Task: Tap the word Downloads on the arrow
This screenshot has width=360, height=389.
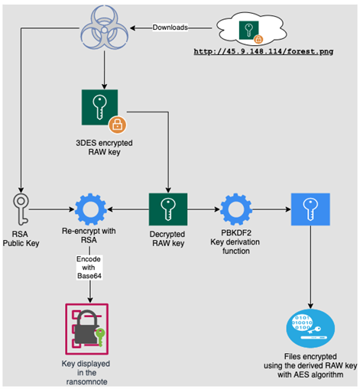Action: click(170, 28)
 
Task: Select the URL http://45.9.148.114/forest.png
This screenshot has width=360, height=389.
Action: click(264, 51)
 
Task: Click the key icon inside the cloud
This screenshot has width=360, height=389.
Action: click(249, 30)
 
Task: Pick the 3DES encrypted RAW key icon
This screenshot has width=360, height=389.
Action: click(99, 107)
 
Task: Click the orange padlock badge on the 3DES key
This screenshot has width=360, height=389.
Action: click(118, 125)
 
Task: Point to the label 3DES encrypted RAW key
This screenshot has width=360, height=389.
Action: click(104, 147)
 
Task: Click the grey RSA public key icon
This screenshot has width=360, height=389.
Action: click(21, 209)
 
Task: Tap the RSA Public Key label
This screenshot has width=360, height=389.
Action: click(21, 238)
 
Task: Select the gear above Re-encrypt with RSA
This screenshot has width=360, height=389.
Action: click(90, 209)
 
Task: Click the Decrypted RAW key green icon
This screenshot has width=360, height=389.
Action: click(168, 209)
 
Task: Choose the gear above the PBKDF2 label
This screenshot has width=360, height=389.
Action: click(236, 209)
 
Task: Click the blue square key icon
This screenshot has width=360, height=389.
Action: click(310, 209)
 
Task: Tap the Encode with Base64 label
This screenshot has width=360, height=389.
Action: click(89, 267)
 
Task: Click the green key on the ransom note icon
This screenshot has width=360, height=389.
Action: click(100, 336)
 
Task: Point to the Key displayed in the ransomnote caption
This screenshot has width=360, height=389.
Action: click(86, 372)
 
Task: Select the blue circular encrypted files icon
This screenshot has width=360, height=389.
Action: click(310, 328)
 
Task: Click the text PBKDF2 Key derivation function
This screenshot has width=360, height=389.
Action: click(235, 242)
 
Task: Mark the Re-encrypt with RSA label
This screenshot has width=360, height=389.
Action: click(89, 235)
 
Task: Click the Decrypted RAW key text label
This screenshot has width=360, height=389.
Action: click(167, 238)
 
